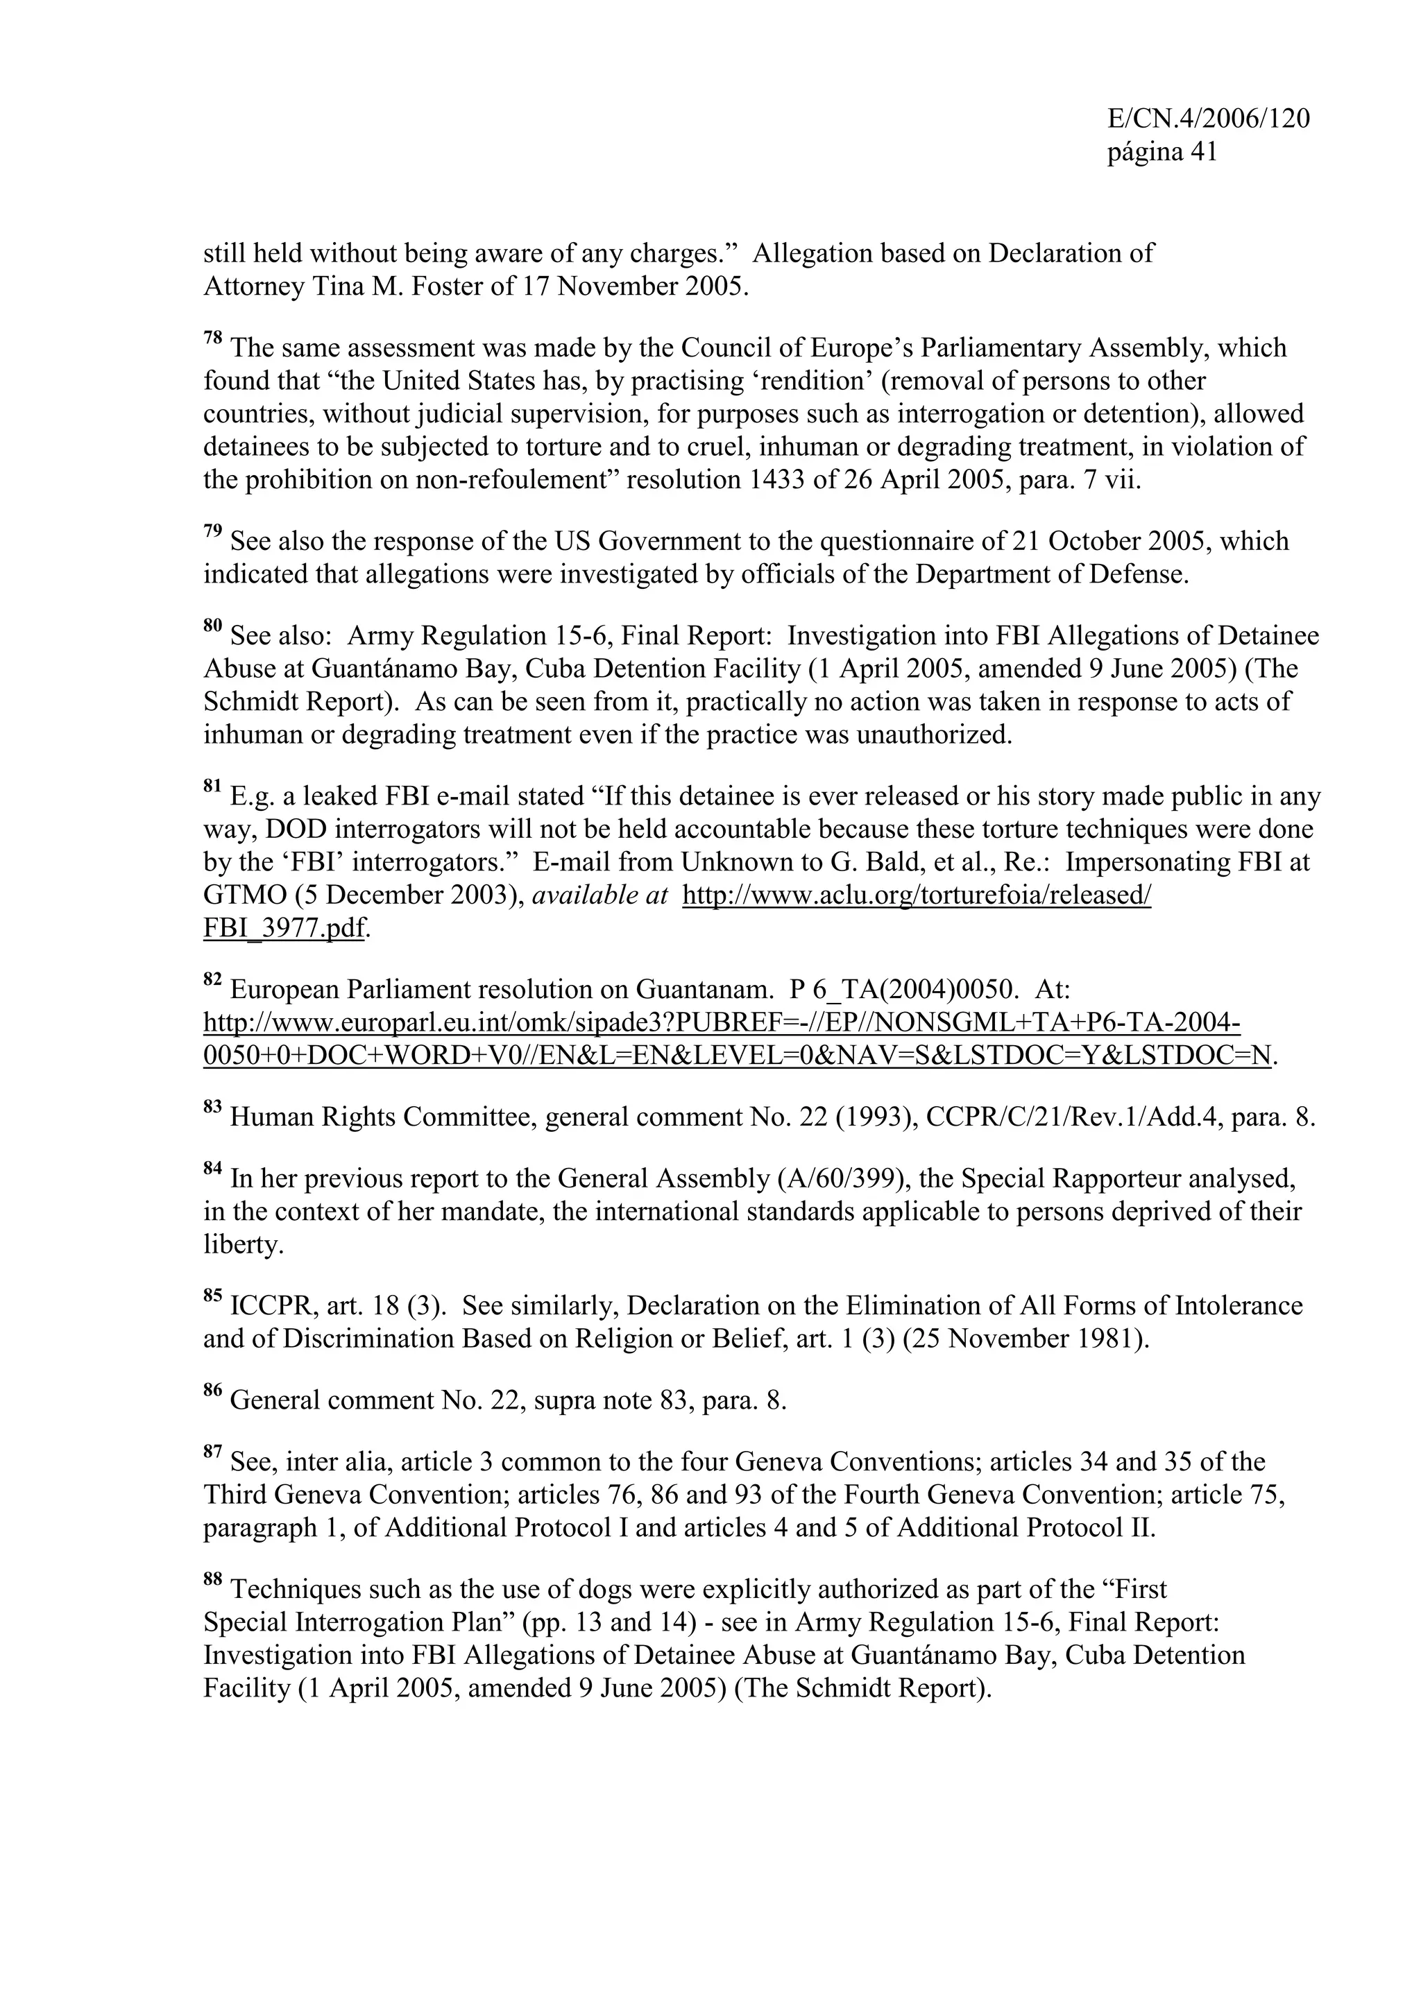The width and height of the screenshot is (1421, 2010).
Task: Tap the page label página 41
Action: pyautogui.click(x=1162, y=153)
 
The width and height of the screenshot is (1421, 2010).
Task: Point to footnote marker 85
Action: pyautogui.click(x=213, y=1298)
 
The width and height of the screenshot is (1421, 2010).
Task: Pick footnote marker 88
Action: pyautogui.click(x=213, y=1580)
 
